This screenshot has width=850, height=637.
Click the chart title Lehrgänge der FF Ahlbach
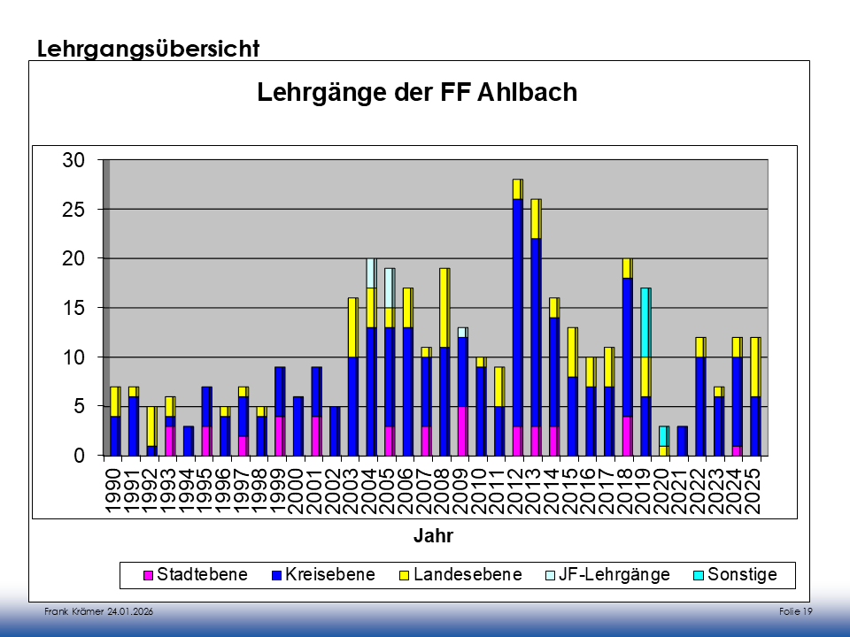point(417,93)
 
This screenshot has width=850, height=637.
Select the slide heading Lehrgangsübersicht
point(149,49)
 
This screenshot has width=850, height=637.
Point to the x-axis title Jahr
point(433,535)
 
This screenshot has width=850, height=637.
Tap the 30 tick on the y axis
point(73,160)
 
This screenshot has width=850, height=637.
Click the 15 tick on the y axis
point(73,308)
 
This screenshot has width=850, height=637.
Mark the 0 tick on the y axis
point(78,456)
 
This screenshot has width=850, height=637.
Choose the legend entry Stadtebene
point(202,575)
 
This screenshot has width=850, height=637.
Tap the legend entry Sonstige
point(740,575)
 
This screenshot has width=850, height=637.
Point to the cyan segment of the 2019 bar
point(645,322)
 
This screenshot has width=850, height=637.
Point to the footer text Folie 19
point(796,612)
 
